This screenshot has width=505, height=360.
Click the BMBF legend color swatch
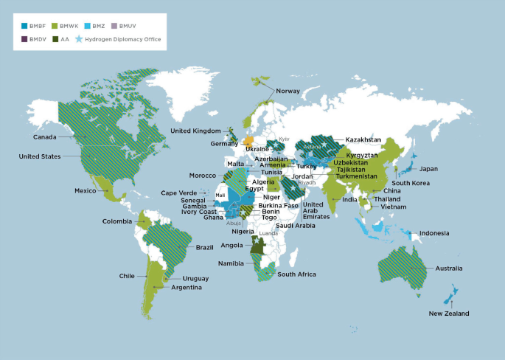26,26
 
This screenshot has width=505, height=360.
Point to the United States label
40,156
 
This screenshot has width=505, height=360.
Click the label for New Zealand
449,314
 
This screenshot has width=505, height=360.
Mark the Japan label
429,169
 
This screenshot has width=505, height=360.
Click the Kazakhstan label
363,139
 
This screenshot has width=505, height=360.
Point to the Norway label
288,91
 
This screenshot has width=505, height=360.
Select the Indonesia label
435,234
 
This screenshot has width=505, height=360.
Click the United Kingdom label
195,131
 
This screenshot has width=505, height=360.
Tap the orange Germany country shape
249,140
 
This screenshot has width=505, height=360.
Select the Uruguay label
196,278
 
